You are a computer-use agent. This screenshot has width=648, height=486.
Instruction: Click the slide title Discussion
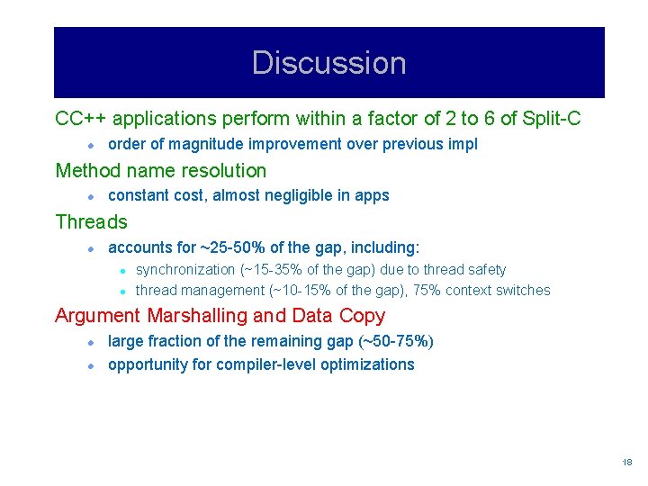pyautogui.click(x=328, y=63)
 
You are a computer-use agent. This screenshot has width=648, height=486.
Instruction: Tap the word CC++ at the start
pyautogui.click(x=81, y=119)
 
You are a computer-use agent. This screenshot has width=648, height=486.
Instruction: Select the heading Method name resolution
pyautogui.click(x=161, y=170)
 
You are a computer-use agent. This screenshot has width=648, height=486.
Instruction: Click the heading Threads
pyautogui.click(x=91, y=221)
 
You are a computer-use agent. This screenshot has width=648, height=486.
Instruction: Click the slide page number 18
pyautogui.click(x=627, y=462)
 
